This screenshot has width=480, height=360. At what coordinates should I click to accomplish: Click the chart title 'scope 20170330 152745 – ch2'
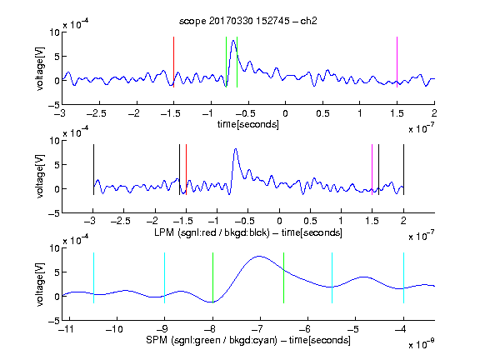tap(248, 21)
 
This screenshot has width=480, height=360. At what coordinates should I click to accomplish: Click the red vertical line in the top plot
tap(173, 62)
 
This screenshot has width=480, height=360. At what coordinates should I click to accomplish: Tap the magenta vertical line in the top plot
tap(397, 62)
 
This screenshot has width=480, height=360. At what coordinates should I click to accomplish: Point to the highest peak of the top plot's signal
tap(233, 40)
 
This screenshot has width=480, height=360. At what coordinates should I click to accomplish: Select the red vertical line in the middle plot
tap(186, 170)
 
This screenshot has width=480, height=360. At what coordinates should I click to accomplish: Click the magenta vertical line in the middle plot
tap(372, 170)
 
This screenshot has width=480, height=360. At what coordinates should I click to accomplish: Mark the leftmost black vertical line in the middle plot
tap(93, 170)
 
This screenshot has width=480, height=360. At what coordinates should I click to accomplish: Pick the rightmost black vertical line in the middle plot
tap(404, 170)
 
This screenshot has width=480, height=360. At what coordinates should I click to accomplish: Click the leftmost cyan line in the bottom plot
tap(93, 278)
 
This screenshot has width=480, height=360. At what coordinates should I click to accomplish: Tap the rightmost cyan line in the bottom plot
tap(404, 278)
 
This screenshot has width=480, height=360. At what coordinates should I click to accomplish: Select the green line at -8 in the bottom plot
tap(212, 278)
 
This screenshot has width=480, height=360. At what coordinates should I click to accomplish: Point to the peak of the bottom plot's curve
tap(260, 256)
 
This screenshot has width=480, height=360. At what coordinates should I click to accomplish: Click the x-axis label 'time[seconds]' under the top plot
tap(248, 124)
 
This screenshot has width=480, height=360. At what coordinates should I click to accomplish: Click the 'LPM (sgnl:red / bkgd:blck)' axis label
tap(212, 232)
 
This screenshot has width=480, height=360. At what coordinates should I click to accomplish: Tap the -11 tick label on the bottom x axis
tap(67, 329)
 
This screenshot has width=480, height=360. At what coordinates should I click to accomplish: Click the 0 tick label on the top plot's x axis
tap(285, 113)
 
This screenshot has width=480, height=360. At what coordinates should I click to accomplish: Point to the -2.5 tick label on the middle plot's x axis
tap(121, 221)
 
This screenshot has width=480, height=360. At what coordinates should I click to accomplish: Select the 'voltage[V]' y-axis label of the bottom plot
tap(40, 284)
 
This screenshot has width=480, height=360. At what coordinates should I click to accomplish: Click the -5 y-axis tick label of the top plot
tap(54, 105)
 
